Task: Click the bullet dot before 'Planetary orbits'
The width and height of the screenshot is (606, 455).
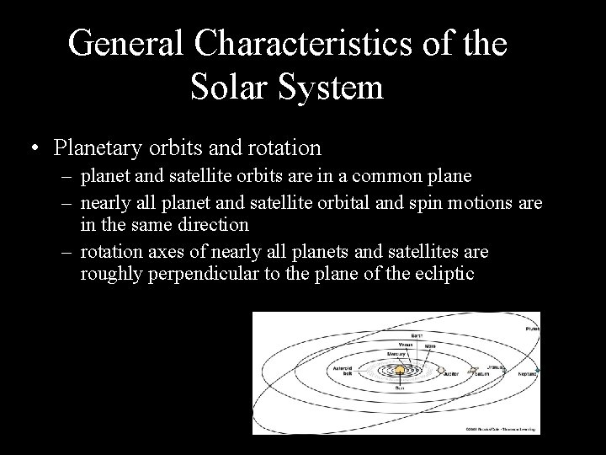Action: tap(31, 149)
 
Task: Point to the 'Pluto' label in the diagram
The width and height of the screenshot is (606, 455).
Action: tap(532, 329)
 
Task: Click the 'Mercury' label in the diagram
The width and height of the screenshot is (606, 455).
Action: tap(396, 353)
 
